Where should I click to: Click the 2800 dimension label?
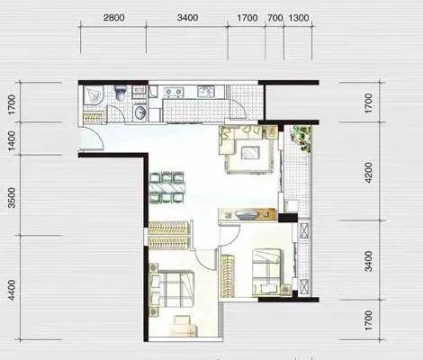113,18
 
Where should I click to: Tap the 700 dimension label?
275,18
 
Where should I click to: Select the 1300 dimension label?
299,18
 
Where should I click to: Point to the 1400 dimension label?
12,141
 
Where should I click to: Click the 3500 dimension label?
12,198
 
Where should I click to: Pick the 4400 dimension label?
12,290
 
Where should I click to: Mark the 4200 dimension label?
368,173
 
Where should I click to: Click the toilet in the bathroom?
121,93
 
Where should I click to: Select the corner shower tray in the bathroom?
94,95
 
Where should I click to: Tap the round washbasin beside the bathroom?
139,112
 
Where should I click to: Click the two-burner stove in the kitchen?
174,93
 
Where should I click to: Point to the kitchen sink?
206,91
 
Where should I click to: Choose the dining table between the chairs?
167,188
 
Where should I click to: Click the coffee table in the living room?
249,153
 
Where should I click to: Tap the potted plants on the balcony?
301,139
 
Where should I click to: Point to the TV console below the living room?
247,215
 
